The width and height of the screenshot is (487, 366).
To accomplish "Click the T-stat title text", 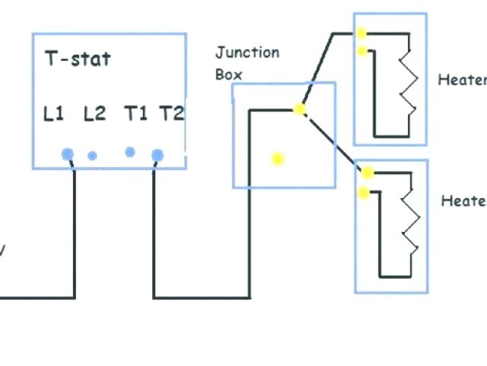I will [x=78, y=59].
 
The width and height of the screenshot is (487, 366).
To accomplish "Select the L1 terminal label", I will [x=53, y=114].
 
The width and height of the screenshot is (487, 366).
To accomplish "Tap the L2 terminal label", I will [x=94, y=114].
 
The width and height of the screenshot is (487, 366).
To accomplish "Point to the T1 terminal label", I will [x=135, y=114].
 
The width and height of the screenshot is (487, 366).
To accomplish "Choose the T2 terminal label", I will [x=171, y=114].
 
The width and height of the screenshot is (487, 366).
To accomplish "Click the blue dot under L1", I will [x=68, y=154].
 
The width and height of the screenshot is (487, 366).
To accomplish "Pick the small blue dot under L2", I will [x=92, y=156].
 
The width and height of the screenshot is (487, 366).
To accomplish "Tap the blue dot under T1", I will [x=130, y=152].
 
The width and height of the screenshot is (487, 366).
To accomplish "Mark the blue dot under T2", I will [x=157, y=156].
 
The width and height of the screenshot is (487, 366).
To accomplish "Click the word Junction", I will [x=247, y=53].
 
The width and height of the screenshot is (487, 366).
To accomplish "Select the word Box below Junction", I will [x=228, y=74].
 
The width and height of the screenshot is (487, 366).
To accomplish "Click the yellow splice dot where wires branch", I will [x=300, y=109].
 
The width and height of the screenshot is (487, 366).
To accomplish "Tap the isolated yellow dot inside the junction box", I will [x=278, y=159].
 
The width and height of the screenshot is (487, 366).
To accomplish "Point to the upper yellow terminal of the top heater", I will [x=361, y=34].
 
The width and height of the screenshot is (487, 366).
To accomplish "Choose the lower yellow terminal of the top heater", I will [x=361, y=51].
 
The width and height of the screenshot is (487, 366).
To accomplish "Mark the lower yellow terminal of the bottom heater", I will [x=364, y=192].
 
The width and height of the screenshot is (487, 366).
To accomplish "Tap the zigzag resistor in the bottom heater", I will [x=411, y=226].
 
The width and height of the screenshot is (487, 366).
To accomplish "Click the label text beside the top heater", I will [x=462, y=80].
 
